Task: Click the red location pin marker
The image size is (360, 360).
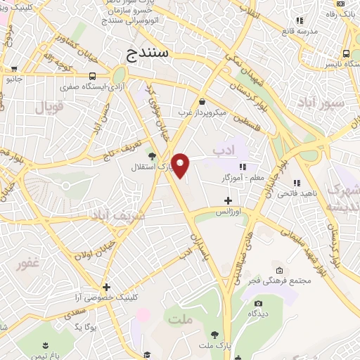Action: pos(181,165)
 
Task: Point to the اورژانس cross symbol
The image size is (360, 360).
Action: pos(227,200)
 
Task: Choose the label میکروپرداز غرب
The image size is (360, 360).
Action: pos(201,113)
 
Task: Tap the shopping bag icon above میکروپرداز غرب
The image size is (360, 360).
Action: pos(202,101)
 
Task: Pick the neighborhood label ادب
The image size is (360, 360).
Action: pos(223,150)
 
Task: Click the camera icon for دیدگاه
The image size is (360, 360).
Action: pos(258,304)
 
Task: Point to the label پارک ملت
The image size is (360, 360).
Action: pos(214,345)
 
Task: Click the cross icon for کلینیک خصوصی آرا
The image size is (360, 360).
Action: pos(106,287)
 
